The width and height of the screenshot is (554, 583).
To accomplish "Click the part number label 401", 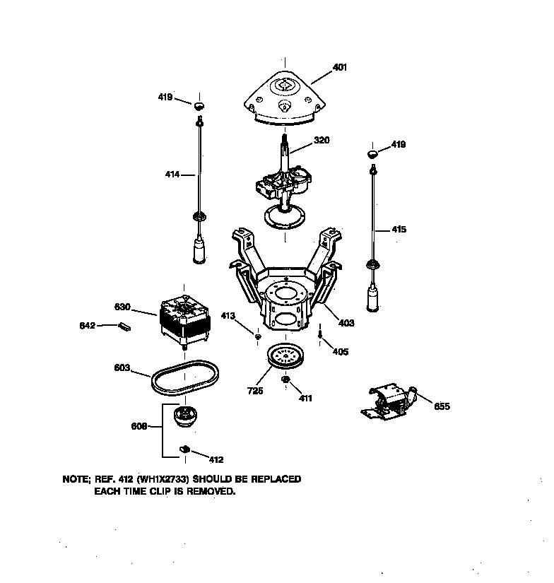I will (x=340, y=68).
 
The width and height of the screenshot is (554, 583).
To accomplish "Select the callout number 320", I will (x=322, y=140).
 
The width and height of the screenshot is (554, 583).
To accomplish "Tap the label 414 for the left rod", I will (x=172, y=174).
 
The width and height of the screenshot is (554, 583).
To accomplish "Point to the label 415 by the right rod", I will (x=399, y=229).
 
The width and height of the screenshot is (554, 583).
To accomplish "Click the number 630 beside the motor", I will (x=123, y=307).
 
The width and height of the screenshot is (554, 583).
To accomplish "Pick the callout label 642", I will (x=87, y=326).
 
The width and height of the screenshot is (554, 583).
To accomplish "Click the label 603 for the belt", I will (x=123, y=367).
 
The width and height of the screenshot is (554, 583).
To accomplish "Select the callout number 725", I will (x=255, y=391).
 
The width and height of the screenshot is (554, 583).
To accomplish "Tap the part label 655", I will (x=442, y=406).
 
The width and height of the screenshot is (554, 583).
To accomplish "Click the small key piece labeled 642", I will (x=126, y=326).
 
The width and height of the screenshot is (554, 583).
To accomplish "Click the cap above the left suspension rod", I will (x=200, y=106).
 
